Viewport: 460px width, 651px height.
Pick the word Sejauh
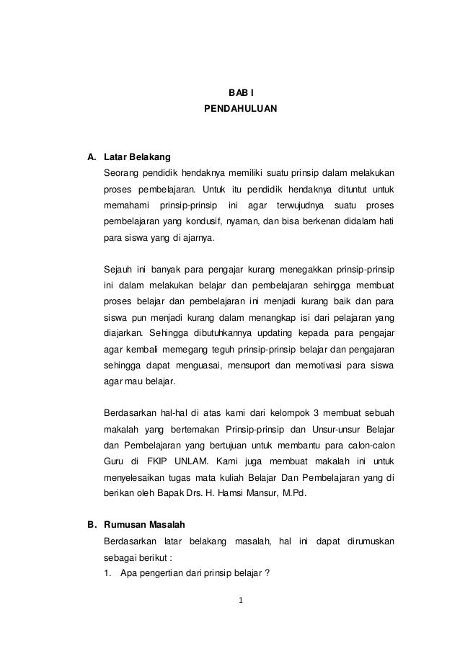(x=119, y=270)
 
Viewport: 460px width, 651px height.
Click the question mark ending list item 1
(x=267, y=574)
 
